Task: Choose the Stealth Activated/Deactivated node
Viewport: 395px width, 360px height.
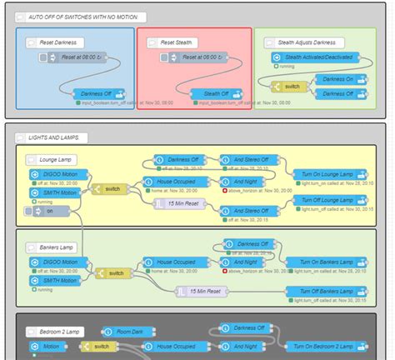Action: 308,57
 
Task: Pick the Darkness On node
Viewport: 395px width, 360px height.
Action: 342,79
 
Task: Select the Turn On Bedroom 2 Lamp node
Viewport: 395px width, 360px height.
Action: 325,346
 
